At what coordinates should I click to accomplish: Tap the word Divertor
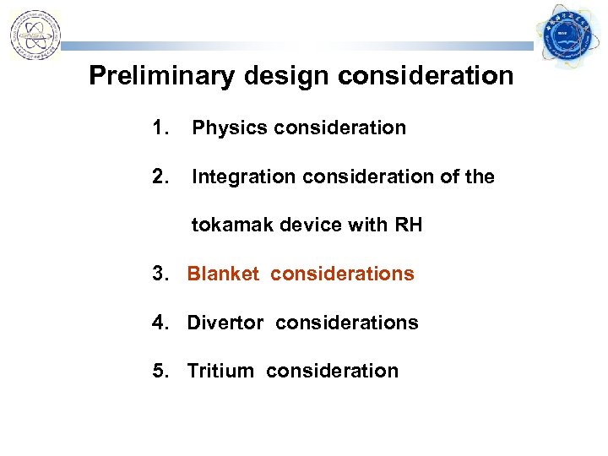click(x=222, y=323)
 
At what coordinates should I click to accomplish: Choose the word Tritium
click(x=220, y=371)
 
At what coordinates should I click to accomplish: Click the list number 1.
click(x=160, y=128)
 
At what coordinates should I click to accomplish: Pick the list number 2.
click(x=160, y=176)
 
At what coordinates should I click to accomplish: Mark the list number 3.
click(x=160, y=274)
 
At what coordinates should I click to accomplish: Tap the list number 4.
click(x=160, y=323)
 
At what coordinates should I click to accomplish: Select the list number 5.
click(x=160, y=371)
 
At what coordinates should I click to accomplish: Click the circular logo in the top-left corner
click(x=35, y=35)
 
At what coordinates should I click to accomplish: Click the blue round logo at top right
click(x=568, y=35)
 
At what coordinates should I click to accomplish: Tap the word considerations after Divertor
click(x=346, y=323)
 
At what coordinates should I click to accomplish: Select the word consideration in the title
click(x=426, y=76)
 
